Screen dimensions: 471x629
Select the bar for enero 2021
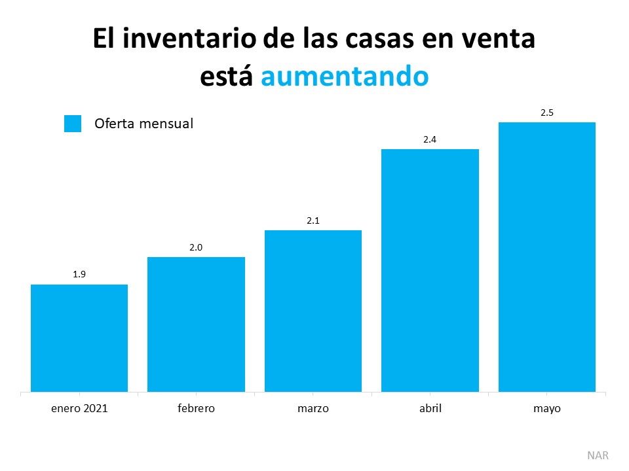click(x=79, y=338)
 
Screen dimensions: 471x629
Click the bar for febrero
click(x=196, y=324)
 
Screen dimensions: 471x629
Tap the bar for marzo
click(x=313, y=311)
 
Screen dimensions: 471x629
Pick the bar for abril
click(x=430, y=270)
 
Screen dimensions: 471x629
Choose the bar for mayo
click(x=547, y=257)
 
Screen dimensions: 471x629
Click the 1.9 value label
click(x=79, y=275)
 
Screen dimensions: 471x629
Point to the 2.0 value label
click(x=196, y=247)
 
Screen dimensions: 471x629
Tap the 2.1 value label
click(x=313, y=220)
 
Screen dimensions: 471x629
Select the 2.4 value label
click(x=430, y=139)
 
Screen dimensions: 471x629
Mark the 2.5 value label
click(x=547, y=113)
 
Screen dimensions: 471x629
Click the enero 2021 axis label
click(x=79, y=409)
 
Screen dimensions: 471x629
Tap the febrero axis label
click(x=196, y=409)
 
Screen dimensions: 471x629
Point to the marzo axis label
click(x=313, y=409)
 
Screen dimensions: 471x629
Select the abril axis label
click(x=430, y=409)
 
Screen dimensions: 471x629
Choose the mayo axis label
click(x=547, y=409)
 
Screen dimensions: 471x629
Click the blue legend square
click(x=73, y=124)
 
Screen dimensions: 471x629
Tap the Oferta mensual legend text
click(x=143, y=124)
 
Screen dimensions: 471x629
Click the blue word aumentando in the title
click(x=345, y=76)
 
